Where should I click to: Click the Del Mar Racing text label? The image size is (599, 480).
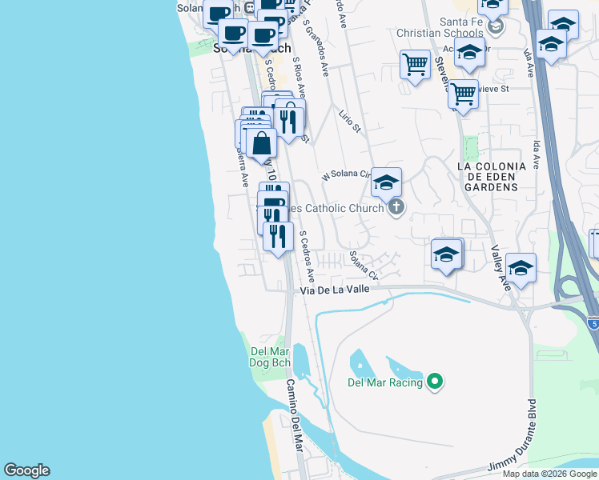385,382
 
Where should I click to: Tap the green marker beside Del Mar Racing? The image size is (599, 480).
435,382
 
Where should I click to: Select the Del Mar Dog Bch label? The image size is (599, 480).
270,357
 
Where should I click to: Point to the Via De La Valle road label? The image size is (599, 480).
336,290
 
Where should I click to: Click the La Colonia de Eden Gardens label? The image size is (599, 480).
490,176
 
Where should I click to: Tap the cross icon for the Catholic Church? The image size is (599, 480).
395,208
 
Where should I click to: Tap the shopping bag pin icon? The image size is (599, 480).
262,144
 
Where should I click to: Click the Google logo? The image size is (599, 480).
26,470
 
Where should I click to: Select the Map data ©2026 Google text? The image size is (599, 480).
550,474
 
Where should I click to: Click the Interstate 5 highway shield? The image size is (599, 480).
592,323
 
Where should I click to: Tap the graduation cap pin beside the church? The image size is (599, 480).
386,182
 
